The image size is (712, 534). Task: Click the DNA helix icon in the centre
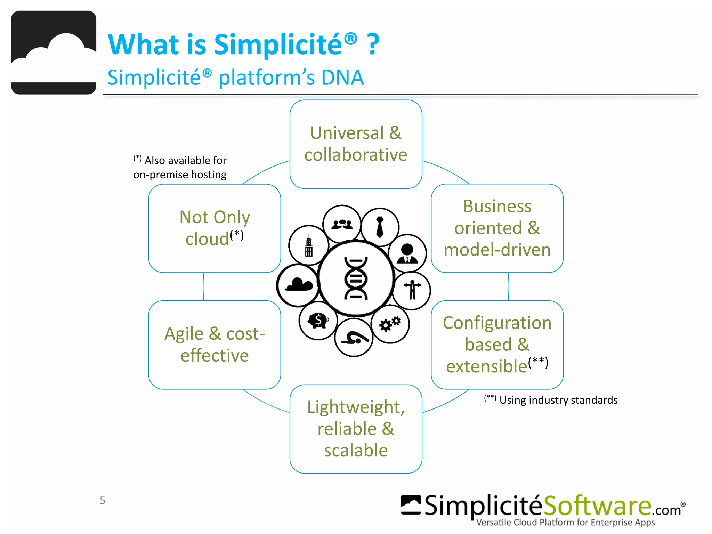pos(356,278)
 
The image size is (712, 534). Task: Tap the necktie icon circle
pos(380,227)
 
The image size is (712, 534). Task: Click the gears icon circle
pos(390,324)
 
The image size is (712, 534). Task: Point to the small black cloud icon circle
pos(298,285)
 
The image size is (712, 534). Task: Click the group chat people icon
pos(342,224)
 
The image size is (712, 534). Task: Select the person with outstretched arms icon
pos(412,290)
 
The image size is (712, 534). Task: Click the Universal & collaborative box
pos(356,144)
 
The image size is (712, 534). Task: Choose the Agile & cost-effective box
pos(215,345)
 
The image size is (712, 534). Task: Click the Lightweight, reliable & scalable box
pos(356,429)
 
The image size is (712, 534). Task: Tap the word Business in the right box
pos(497,207)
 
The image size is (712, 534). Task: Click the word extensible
pos(486,366)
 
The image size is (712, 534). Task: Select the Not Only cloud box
pos(215,228)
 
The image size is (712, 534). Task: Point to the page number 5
pos(102,500)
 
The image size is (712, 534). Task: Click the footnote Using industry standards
pos(558,400)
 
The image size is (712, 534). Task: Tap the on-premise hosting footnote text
pos(180,175)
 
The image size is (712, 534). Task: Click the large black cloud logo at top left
pos(54,52)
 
